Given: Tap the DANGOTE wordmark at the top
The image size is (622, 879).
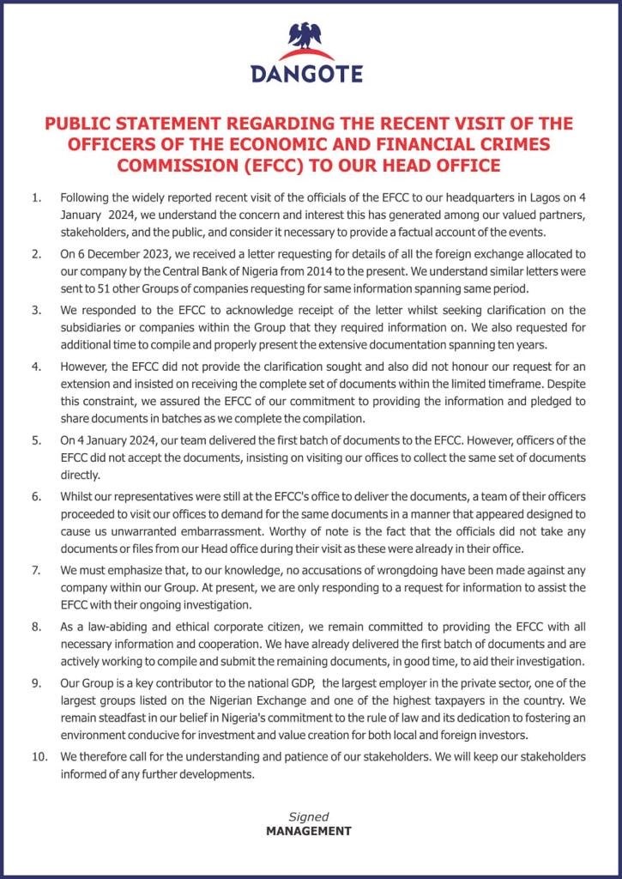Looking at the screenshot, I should (307, 74).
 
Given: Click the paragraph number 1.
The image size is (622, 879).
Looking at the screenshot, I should (36, 198).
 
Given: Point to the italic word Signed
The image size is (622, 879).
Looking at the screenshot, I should (308, 816).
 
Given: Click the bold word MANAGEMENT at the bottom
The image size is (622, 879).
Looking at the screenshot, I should (308, 831).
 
